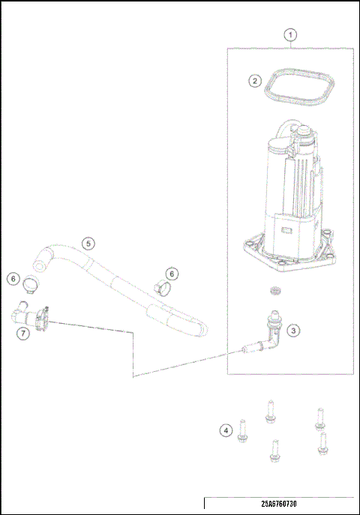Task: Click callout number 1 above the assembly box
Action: (291, 34)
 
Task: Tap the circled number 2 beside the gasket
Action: (255, 80)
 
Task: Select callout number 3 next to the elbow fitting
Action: (294, 329)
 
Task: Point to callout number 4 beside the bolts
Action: (225, 430)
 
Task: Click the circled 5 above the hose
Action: (88, 244)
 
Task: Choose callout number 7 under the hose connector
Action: (23, 331)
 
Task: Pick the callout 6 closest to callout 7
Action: (13, 278)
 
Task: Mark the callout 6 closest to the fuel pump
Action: (172, 274)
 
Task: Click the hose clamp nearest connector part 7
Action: (31, 285)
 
